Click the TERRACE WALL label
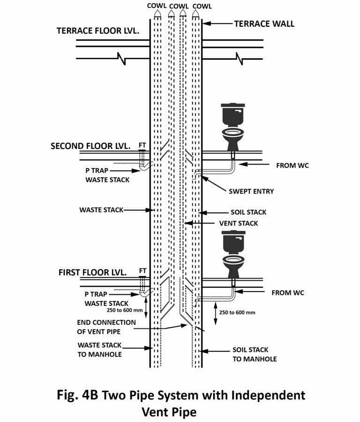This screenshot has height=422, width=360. [264, 23]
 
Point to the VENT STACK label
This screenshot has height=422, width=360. [239, 223]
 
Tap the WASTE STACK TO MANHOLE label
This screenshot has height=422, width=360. [99, 350]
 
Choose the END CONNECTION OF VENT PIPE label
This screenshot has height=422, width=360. [106, 327]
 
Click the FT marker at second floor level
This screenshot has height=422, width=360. [142, 146]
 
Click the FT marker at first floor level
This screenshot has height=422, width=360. [142, 271]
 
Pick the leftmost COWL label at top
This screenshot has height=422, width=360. [156, 6]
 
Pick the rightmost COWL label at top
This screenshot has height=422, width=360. [202, 6]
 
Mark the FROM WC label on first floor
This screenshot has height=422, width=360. [287, 293]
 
